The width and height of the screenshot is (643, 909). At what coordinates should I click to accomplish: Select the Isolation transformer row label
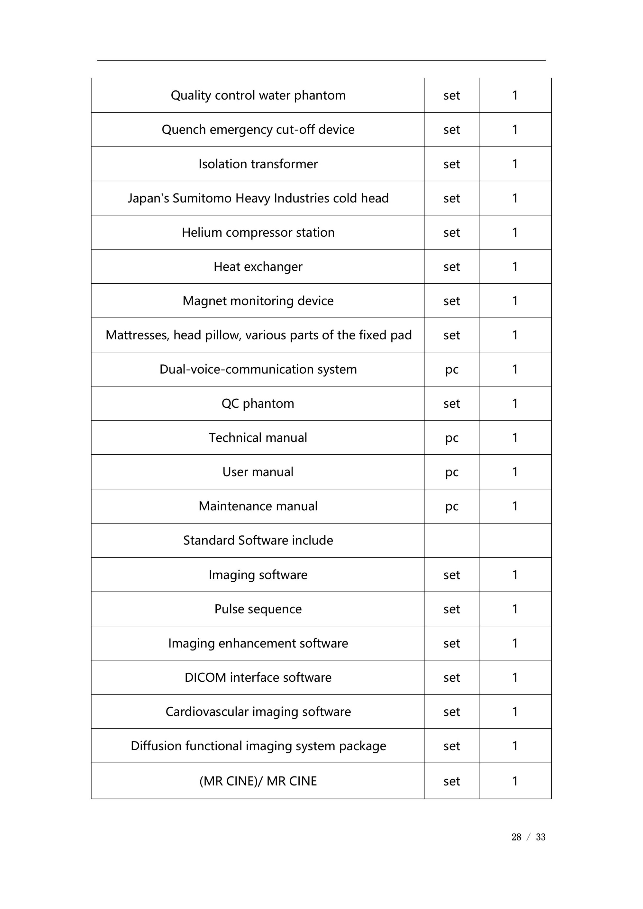[258, 164]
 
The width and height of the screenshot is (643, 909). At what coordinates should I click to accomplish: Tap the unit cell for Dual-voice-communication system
[451, 369]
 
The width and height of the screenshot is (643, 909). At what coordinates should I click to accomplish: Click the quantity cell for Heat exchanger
[515, 267]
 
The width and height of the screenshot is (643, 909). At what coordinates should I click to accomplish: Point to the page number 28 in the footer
[516, 837]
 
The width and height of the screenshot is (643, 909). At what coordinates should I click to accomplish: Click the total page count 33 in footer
[540, 837]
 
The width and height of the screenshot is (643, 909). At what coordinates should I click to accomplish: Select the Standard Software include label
[258, 541]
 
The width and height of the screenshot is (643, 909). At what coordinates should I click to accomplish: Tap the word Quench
[184, 130]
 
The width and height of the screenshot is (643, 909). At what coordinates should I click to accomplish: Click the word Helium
[202, 232]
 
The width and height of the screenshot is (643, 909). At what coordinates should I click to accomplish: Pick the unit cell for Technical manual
[451, 438]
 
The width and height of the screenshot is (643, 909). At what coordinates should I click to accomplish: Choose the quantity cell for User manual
[515, 472]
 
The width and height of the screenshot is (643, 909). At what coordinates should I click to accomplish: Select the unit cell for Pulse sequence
[451, 609]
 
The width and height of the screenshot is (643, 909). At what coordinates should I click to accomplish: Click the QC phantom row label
[258, 404]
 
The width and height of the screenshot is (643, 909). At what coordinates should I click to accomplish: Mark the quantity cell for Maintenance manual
[515, 506]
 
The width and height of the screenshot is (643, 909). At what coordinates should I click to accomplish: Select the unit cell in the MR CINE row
[451, 781]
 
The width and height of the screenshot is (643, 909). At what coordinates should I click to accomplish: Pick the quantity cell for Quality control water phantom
[515, 95]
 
